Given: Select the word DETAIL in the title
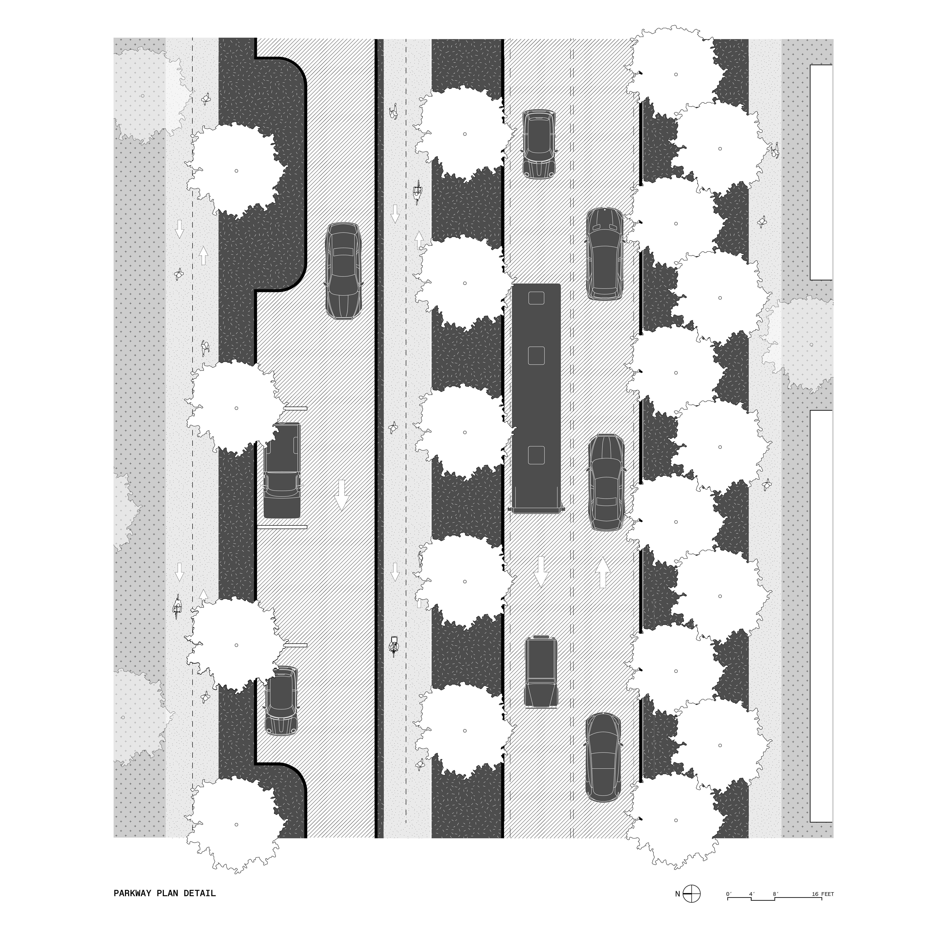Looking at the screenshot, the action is (x=200, y=894).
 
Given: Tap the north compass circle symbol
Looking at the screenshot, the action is (x=691, y=894).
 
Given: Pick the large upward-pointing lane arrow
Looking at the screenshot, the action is (x=603, y=572).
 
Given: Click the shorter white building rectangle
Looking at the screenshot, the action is (x=822, y=173).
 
